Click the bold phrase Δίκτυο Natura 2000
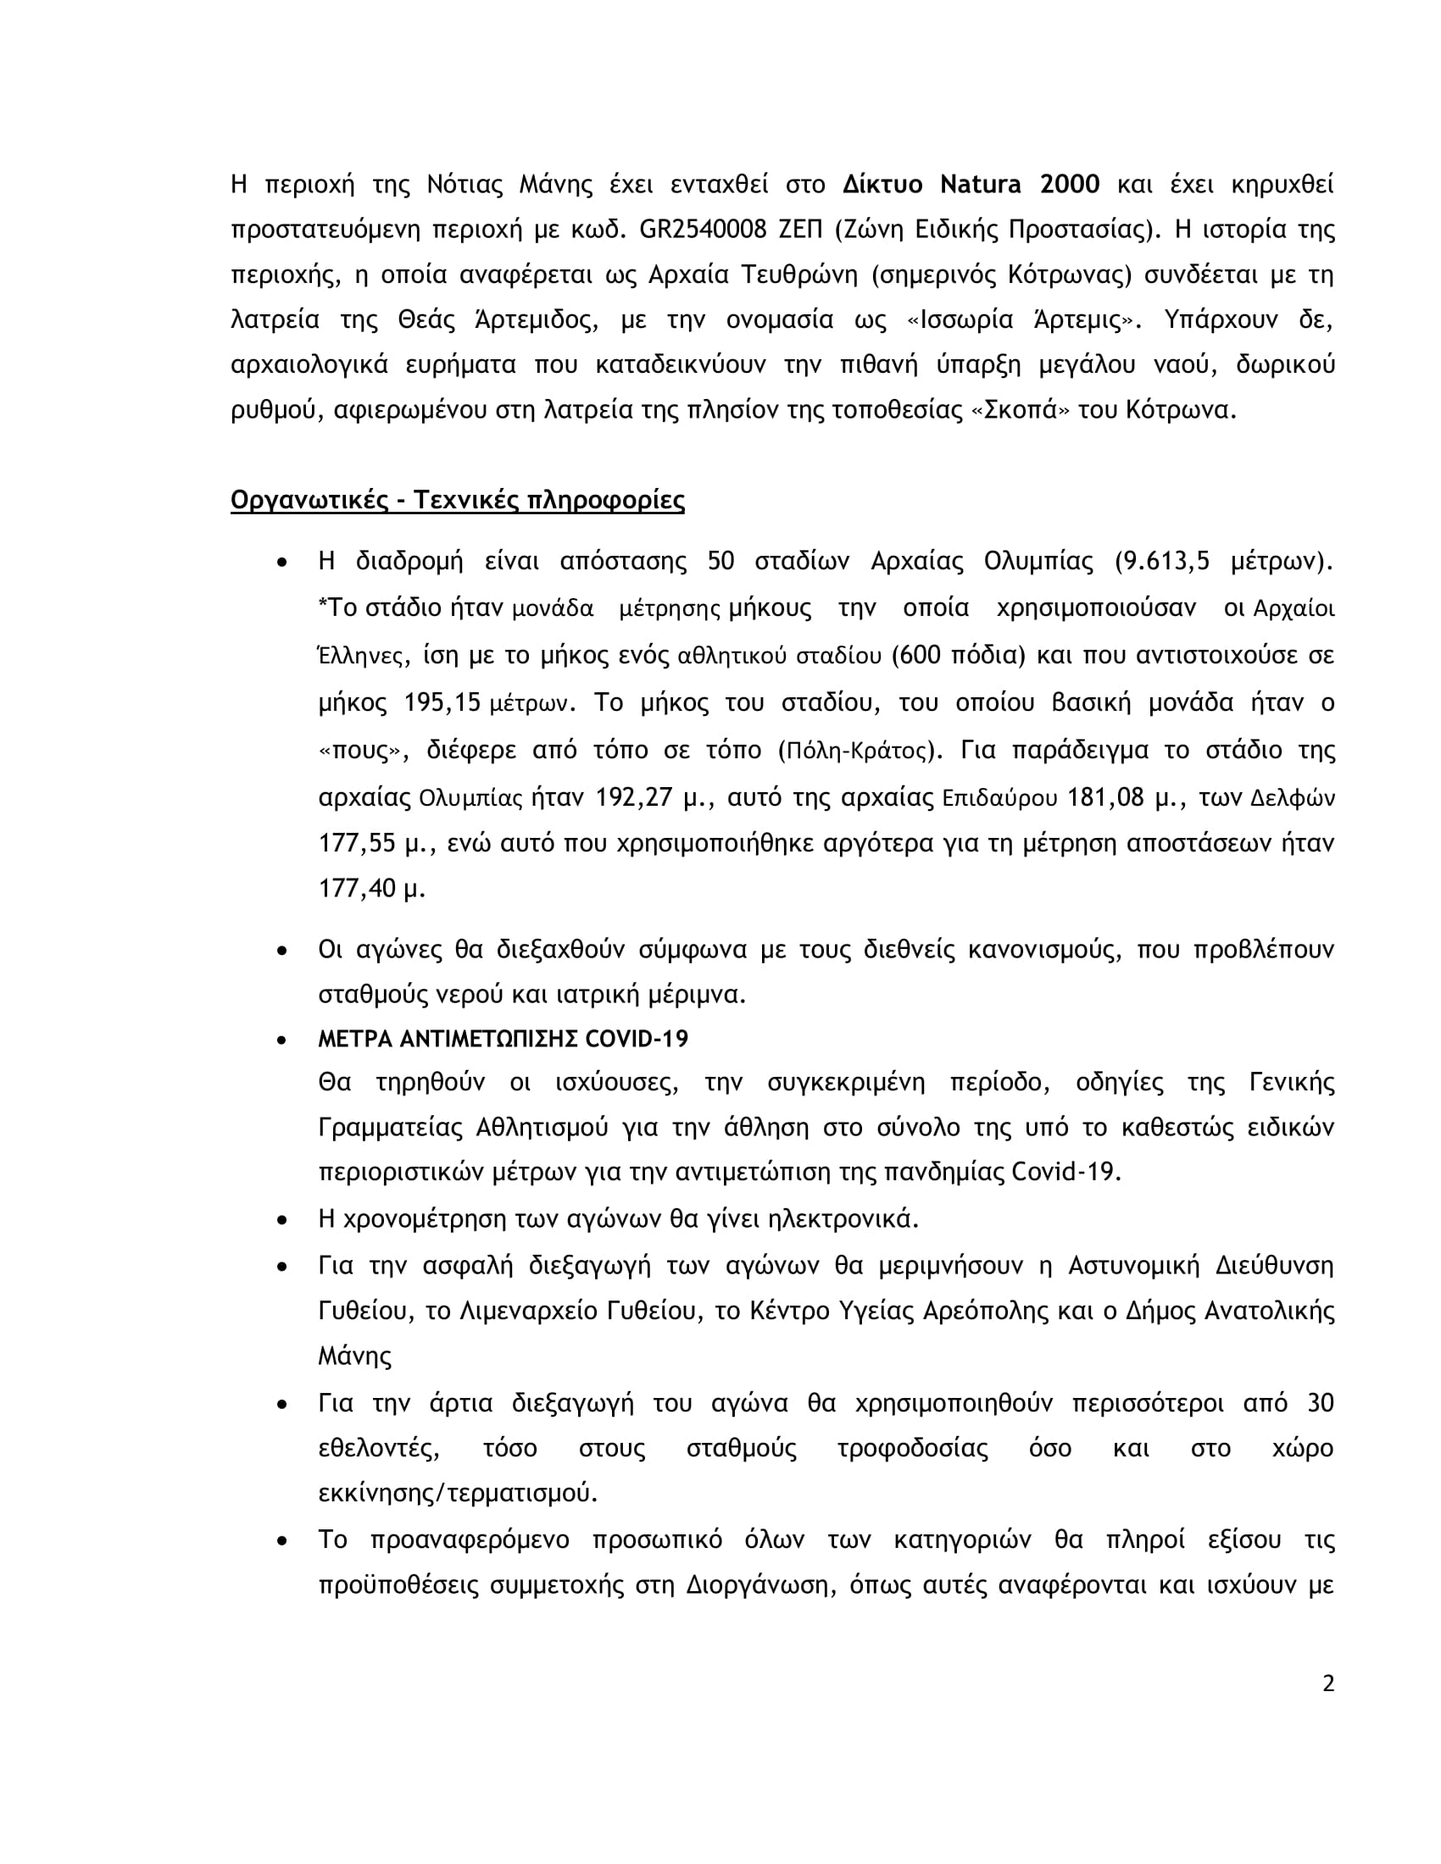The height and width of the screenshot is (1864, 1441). [971, 185]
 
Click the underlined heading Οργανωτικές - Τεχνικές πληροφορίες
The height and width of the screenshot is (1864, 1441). [458, 500]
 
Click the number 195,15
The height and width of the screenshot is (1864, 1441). [442, 702]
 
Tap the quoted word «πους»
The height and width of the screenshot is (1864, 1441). [360, 750]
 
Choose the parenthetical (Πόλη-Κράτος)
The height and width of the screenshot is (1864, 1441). [860, 750]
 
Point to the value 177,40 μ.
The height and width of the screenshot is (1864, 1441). [372, 890]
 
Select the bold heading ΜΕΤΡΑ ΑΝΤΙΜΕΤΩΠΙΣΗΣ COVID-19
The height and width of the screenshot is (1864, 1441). [503, 1039]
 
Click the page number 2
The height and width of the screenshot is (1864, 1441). [1327, 1684]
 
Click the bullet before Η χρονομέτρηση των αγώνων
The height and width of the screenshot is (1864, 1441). [281, 1220]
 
